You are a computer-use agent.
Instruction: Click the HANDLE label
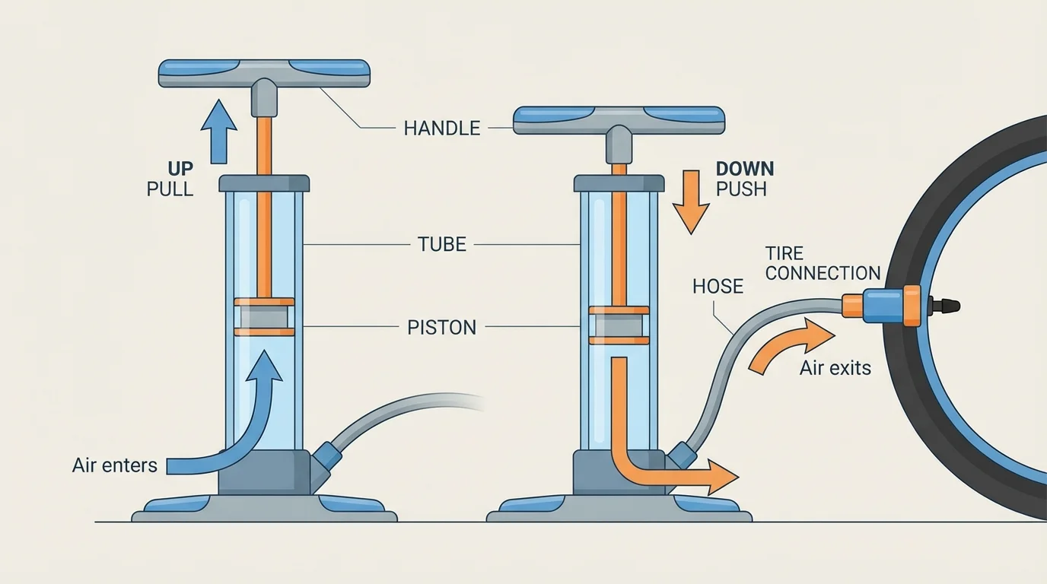tap(441, 128)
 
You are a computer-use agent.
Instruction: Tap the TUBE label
tap(441, 244)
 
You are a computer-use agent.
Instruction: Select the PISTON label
tap(441, 328)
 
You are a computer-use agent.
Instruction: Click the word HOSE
tap(718, 286)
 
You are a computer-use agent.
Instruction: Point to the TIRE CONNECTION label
tap(823, 263)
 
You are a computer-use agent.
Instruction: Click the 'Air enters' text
tap(114, 465)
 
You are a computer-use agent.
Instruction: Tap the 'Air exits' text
tap(835, 369)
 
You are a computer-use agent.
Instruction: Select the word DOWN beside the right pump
tap(744, 168)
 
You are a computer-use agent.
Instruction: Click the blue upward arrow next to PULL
tap(218, 129)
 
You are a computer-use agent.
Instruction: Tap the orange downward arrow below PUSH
tap(692, 202)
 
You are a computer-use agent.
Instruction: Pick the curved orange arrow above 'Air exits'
tap(791, 344)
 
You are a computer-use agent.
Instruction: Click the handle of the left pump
tap(264, 73)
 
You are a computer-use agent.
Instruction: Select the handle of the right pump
tap(619, 120)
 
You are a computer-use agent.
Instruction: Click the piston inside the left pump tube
tap(264, 317)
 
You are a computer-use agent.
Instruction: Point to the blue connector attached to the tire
tap(883, 303)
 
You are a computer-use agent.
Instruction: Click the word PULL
tap(170, 188)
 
